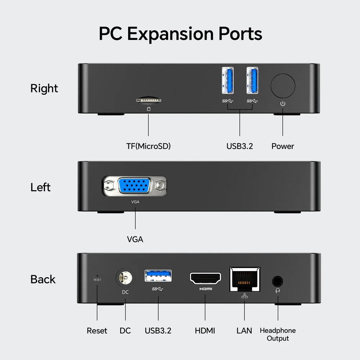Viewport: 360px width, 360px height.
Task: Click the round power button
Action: (283, 86)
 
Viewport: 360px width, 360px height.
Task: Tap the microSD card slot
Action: (148, 100)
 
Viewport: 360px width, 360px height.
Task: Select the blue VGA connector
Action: (135, 186)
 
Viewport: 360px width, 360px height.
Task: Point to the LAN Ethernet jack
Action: (245, 279)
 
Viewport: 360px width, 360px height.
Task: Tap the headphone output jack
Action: (277, 281)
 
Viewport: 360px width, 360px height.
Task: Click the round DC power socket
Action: (125, 278)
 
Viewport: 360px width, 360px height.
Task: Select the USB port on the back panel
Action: (158, 276)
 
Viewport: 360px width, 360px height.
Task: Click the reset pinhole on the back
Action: (97, 275)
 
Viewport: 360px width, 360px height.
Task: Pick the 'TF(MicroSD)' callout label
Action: (148, 146)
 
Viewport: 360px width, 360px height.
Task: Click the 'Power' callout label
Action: (283, 146)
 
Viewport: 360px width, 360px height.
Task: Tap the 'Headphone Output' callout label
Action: (278, 334)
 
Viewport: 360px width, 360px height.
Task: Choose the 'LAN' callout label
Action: (244, 330)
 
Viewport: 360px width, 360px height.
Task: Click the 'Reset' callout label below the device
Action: (97, 330)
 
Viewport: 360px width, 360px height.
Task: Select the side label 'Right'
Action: (44, 89)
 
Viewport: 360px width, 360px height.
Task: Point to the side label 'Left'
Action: (40, 187)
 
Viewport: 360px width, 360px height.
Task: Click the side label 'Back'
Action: (43, 279)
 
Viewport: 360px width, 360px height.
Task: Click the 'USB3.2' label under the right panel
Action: (240, 146)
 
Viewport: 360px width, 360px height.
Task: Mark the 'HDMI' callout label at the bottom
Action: (205, 330)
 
